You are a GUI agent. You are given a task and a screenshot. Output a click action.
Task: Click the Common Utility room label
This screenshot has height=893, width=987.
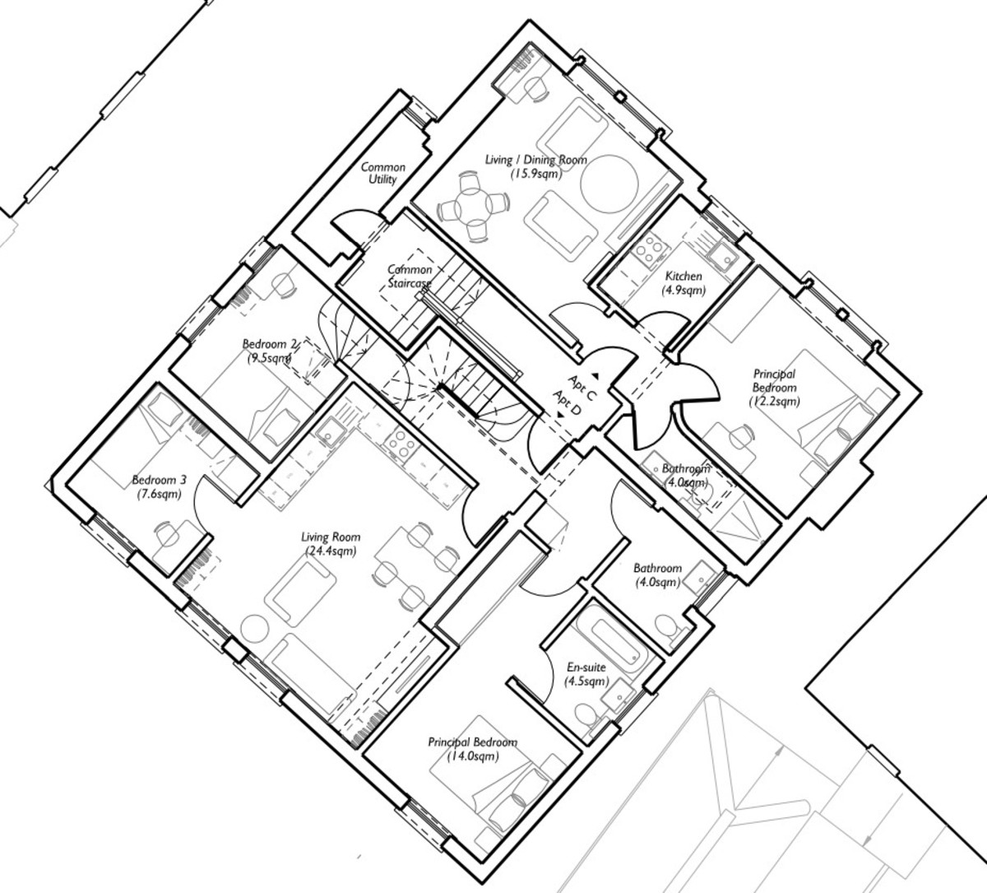tap(382, 174)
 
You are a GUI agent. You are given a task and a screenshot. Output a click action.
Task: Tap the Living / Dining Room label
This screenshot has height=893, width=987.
tap(535, 160)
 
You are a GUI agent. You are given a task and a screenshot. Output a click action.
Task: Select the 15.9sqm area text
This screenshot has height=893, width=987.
tap(535, 174)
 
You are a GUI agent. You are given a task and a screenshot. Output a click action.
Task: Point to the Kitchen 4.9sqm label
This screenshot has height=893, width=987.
tap(683, 283)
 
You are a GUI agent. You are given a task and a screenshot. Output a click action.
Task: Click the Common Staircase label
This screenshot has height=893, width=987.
tap(410, 277)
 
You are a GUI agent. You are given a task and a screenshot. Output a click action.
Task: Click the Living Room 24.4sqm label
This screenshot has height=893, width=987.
tap(331, 544)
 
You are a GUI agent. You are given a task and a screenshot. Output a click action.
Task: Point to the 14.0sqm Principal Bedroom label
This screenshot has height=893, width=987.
tap(472, 749)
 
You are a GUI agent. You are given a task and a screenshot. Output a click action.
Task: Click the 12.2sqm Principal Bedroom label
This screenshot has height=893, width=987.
tap(774, 388)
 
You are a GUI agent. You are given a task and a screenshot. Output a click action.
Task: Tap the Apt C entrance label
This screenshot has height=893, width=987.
tap(582, 388)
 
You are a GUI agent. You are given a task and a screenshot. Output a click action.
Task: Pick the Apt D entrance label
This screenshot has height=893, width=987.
tap(567, 403)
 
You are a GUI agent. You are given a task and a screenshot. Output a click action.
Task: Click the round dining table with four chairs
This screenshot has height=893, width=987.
tap(473, 207)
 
